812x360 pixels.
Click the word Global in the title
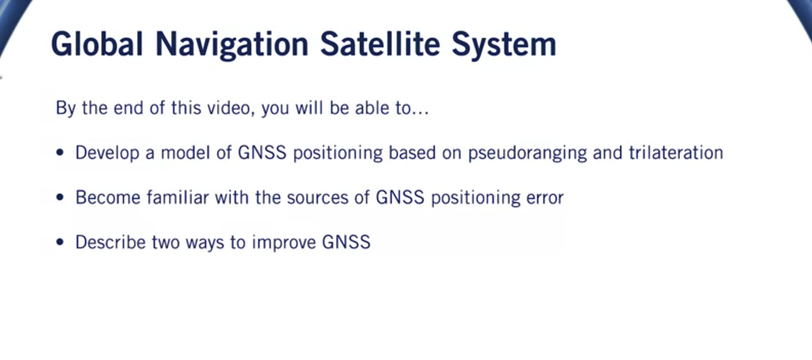pyautogui.click(x=97, y=44)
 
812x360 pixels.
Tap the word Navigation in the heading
pyautogui.click(x=232, y=45)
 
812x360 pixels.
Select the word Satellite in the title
pyautogui.click(x=380, y=44)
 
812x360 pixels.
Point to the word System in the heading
pyautogui.click(x=504, y=45)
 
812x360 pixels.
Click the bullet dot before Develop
pyautogui.click(x=60, y=153)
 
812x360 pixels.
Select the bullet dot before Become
pyautogui.click(x=60, y=197)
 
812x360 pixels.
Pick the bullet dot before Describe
pyautogui.click(x=60, y=242)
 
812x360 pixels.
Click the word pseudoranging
pyautogui.click(x=527, y=153)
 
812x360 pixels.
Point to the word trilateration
pyautogui.click(x=676, y=152)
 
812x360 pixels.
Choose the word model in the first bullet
pyautogui.click(x=186, y=152)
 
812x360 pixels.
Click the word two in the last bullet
pyautogui.click(x=166, y=243)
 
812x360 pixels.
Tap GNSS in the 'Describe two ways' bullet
pyautogui.click(x=346, y=242)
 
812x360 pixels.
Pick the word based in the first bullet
pyautogui.click(x=412, y=152)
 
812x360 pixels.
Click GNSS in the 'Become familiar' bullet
pyautogui.click(x=400, y=197)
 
